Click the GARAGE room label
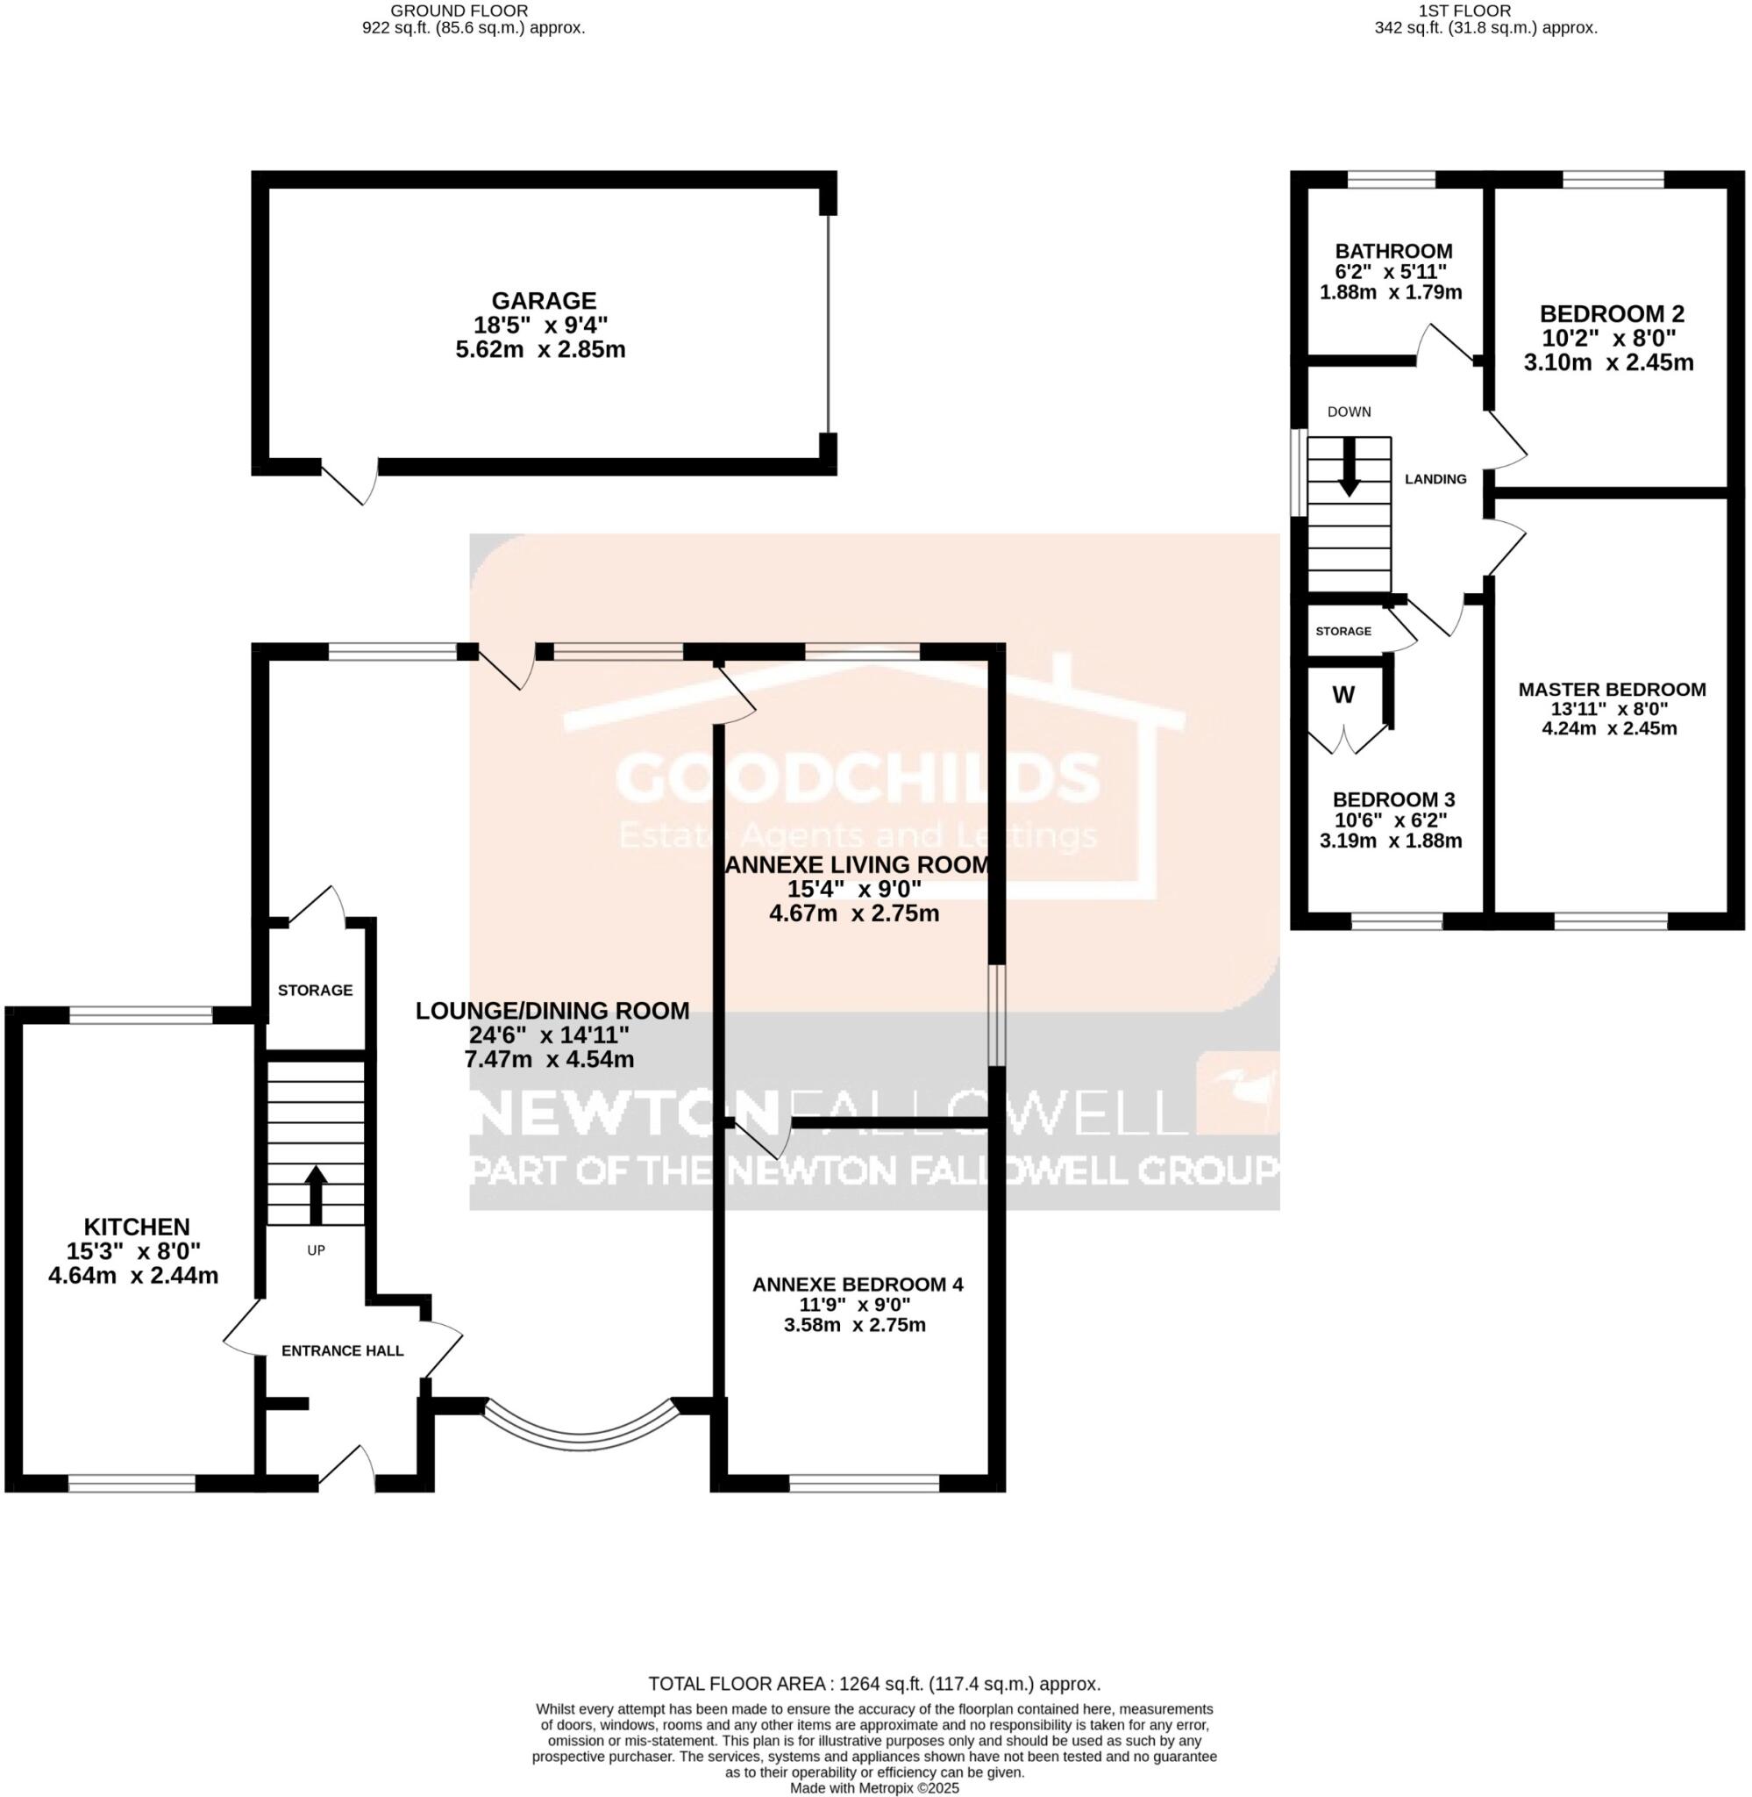click(543, 301)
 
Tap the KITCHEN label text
click(137, 1227)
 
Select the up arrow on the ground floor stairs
click(316, 1193)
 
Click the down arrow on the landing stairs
click(1348, 468)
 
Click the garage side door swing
click(355, 483)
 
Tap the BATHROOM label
click(1393, 251)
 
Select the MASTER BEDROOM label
click(1611, 690)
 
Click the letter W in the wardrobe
click(1343, 695)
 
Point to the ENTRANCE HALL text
click(342, 1350)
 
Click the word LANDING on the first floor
click(1435, 479)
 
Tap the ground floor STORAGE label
click(316, 990)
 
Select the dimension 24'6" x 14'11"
click(549, 1035)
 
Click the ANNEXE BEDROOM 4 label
click(858, 1284)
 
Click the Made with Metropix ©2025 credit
click(874, 1788)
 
